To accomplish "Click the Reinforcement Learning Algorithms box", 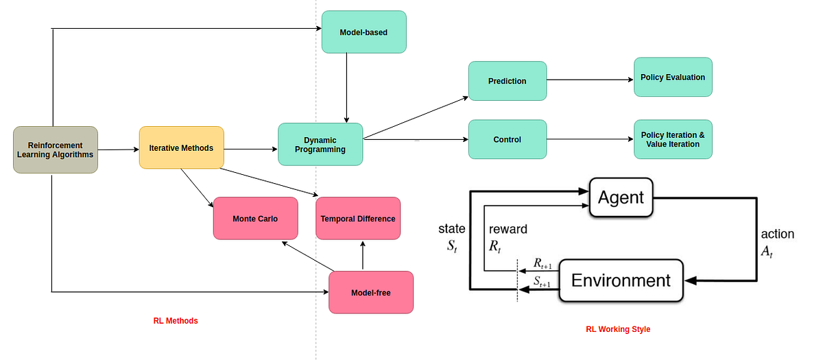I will click(56, 149).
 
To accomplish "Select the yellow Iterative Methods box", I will click(181, 147).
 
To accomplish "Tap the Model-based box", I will click(363, 32).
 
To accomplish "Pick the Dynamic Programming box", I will click(320, 144).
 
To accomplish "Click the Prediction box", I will click(508, 81).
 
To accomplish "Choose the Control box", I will click(508, 139).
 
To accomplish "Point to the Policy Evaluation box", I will click(673, 77).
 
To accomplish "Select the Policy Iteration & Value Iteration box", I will click(673, 139).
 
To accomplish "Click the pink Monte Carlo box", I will click(255, 218).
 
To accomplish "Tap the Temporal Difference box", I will click(358, 218).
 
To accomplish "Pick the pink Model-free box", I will click(371, 292).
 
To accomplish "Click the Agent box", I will click(621, 197).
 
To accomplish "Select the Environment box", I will click(621, 280).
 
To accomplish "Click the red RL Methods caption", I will click(175, 320).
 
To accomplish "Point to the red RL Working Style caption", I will click(618, 329).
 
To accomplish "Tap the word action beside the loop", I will click(777, 234).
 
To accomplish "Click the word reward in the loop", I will click(508, 229).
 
